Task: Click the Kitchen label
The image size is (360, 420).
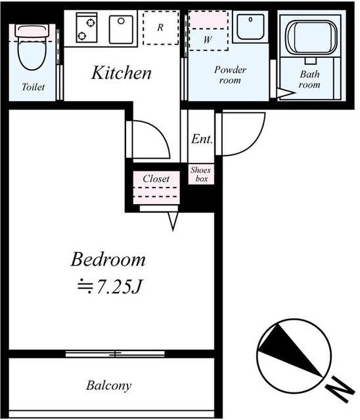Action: pyautogui.click(x=121, y=73)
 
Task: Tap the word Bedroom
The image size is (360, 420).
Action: pyautogui.click(x=108, y=259)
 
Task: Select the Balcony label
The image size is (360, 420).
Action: pyautogui.click(x=109, y=385)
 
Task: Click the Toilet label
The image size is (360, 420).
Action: pyautogui.click(x=33, y=87)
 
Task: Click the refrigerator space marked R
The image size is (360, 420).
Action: pyautogui.click(x=160, y=28)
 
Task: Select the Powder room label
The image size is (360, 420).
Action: pyautogui.click(x=230, y=75)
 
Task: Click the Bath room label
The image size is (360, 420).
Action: pyautogui.click(x=309, y=79)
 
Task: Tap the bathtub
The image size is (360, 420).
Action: pyautogui.click(x=311, y=38)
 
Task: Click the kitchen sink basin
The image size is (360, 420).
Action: pyautogui.click(x=121, y=29)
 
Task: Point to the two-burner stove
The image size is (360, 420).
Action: pyautogui.click(x=86, y=28)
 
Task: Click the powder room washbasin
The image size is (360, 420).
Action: pyautogui.click(x=250, y=27)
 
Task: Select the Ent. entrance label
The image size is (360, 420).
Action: pyautogui.click(x=202, y=139)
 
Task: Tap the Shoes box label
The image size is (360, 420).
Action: pyautogui.click(x=201, y=174)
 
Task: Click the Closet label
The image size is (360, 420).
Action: pyautogui.click(x=156, y=178)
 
